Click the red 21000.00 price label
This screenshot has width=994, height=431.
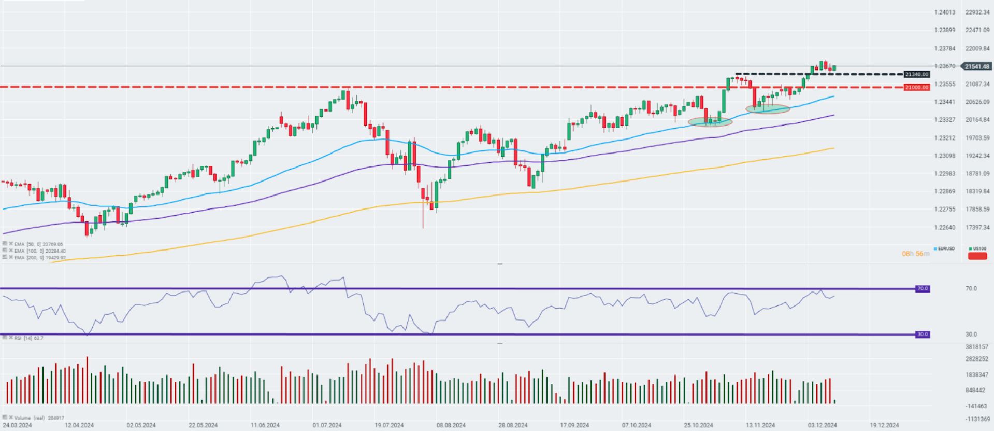pos(916,87)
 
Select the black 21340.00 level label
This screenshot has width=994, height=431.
pos(916,74)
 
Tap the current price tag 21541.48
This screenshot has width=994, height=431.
pos(977,66)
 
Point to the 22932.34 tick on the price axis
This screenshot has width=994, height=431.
pos(977,12)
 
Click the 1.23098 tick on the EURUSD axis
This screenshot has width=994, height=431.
pos(945,156)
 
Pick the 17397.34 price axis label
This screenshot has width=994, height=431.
pos(977,227)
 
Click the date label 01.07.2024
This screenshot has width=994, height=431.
pos(327,425)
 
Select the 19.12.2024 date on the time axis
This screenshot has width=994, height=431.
pos(884,425)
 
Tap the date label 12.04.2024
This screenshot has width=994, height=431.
pos(79,425)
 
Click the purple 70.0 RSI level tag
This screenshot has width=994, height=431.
pos(922,288)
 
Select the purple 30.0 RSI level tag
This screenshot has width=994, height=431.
pos(922,335)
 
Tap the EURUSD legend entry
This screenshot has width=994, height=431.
pos(945,249)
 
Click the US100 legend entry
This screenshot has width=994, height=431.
pos(977,249)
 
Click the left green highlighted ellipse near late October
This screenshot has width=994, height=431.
pos(710,121)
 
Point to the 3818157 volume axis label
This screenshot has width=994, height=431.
pos(977,346)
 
